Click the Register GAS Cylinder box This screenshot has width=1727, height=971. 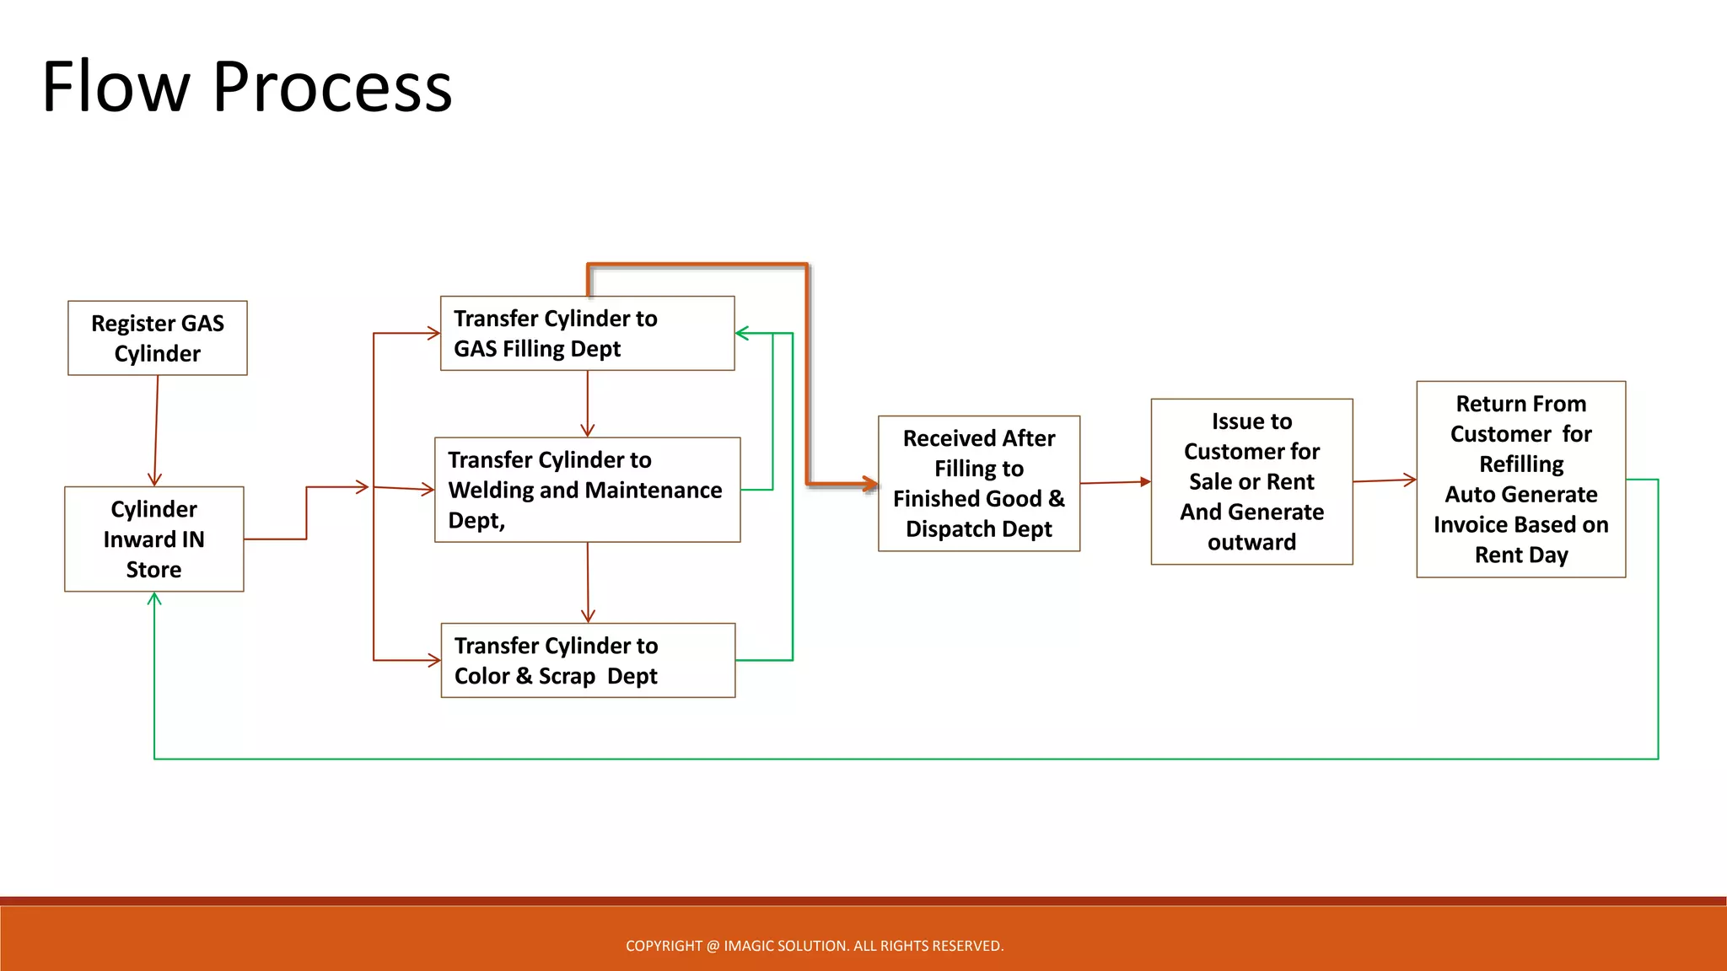click(x=158, y=338)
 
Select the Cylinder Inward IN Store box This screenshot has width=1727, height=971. click(x=154, y=539)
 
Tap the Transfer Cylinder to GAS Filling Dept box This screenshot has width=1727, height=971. click(x=588, y=334)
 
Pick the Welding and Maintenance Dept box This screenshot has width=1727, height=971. click(x=588, y=490)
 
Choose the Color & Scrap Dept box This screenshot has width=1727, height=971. click(x=588, y=661)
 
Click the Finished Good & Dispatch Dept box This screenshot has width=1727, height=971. click(x=979, y=484)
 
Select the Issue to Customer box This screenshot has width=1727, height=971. click(x=1252, y=482)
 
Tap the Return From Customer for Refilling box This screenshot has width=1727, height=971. click(x=1521, y=479)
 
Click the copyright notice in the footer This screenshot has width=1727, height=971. click(x=815, y=946)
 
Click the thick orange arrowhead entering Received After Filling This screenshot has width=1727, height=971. click(x=870, y=485)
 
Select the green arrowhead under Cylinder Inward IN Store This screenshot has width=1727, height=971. click(x=154, y=599)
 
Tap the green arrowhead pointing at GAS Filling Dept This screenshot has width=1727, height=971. click(x=742, y=334)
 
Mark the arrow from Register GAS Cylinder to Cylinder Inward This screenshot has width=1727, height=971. click(x=156, y=430)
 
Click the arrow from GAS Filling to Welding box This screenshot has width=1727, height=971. click(x=588, y=405)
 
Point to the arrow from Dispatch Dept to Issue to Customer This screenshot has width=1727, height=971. click(x=1115, y=483)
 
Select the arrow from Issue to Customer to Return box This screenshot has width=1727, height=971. click(x=1385, y=480)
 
